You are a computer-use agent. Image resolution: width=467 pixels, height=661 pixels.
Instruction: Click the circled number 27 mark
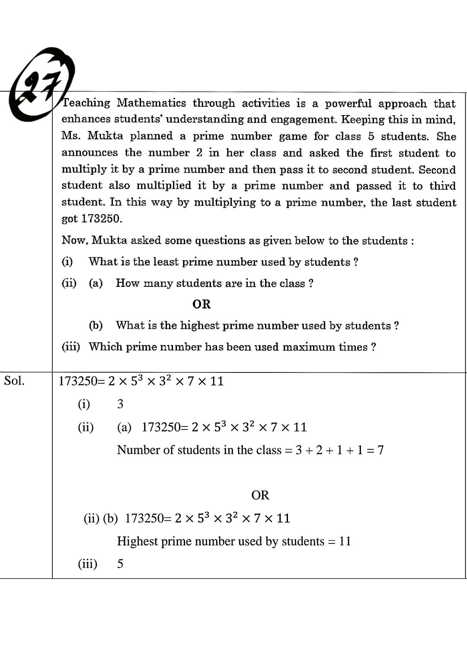(41, 84)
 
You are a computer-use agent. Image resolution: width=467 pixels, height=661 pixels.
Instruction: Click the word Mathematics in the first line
(151, 103)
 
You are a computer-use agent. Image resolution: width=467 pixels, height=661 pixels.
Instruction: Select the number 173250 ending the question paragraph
(101, 218)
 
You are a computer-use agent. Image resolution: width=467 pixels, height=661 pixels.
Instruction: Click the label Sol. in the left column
(14, 381)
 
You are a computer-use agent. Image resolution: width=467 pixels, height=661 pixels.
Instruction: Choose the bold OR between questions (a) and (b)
(202, 304)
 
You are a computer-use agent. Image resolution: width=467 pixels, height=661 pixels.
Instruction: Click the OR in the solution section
(260, 495)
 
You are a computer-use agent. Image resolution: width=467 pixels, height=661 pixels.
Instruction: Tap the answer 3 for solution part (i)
(120, 404)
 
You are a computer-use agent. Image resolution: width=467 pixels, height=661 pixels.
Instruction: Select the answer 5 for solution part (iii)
(120, 564)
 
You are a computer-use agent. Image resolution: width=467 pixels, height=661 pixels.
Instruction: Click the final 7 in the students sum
(380, 450)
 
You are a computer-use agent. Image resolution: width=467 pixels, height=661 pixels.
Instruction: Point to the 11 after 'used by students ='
(345, 541)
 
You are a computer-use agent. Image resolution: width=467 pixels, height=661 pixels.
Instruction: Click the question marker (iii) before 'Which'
(71, 347)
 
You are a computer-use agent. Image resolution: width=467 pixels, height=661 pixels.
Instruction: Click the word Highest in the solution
(137, 541)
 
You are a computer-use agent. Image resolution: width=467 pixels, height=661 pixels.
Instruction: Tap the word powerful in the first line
(348, 103)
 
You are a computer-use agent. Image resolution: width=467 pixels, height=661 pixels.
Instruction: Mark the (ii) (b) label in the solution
(100, 518)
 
